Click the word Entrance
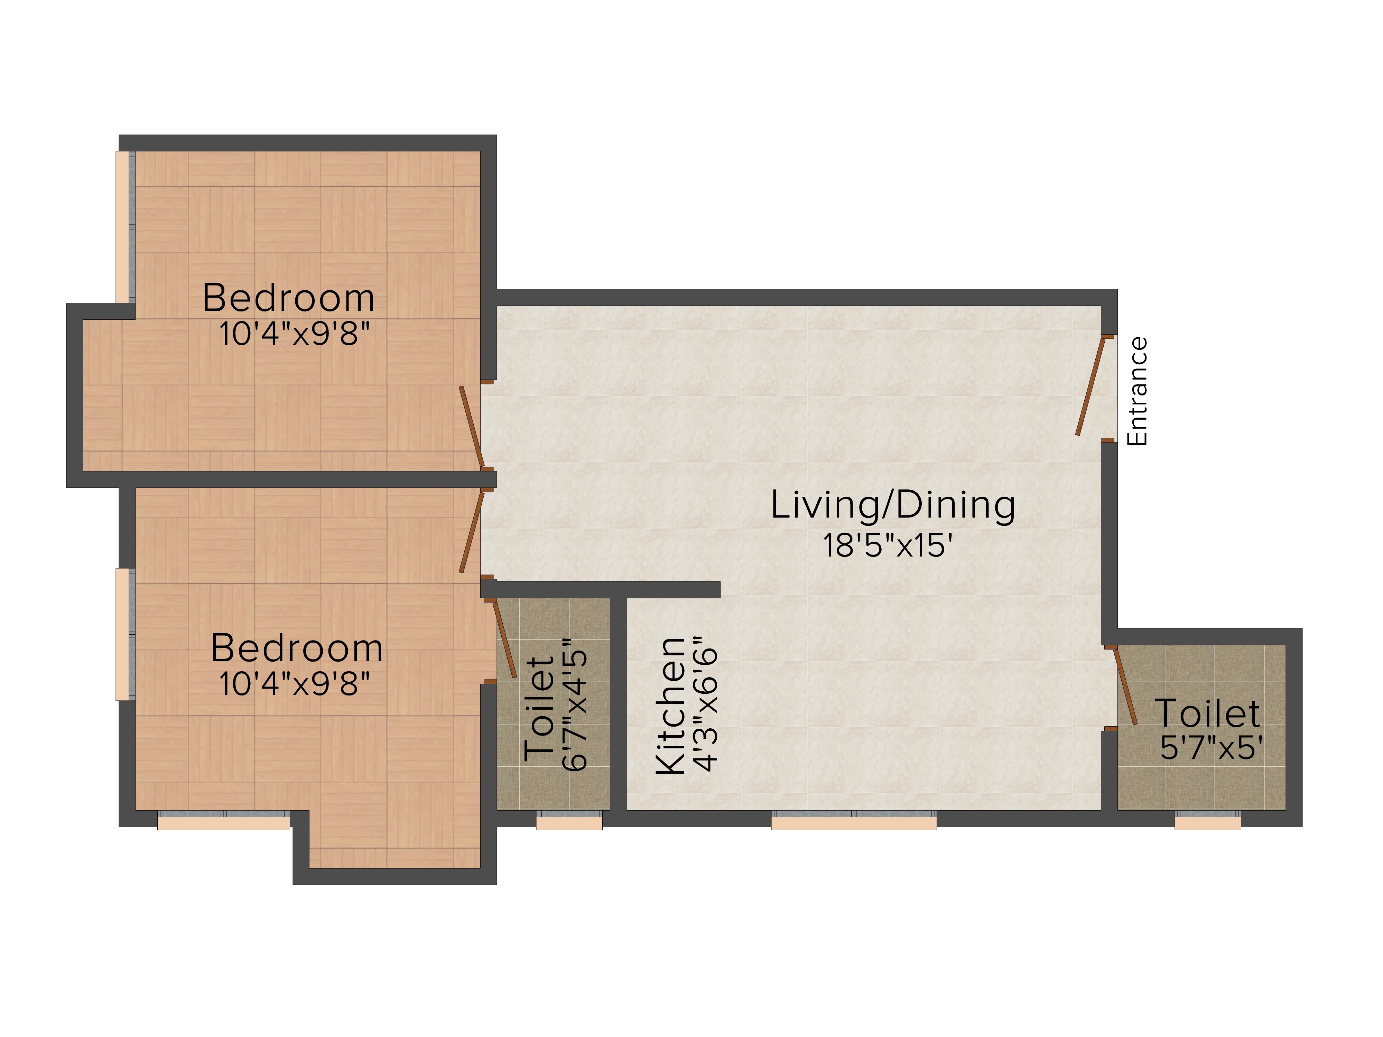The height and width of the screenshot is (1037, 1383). pyautogui.click(x=1137, y=391)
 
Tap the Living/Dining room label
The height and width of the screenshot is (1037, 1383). pyautogui.click(x=893, y=506)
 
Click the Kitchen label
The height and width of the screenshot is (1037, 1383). pyautogui.click(x=670, y=706)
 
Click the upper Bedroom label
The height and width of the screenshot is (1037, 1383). pyautogui.click(x=288, y=298)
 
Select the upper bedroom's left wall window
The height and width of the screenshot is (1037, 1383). pyautogui.click(x=126, y=227)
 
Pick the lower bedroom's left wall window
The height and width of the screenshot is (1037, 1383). pyautogui.click(x=126, y=634)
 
